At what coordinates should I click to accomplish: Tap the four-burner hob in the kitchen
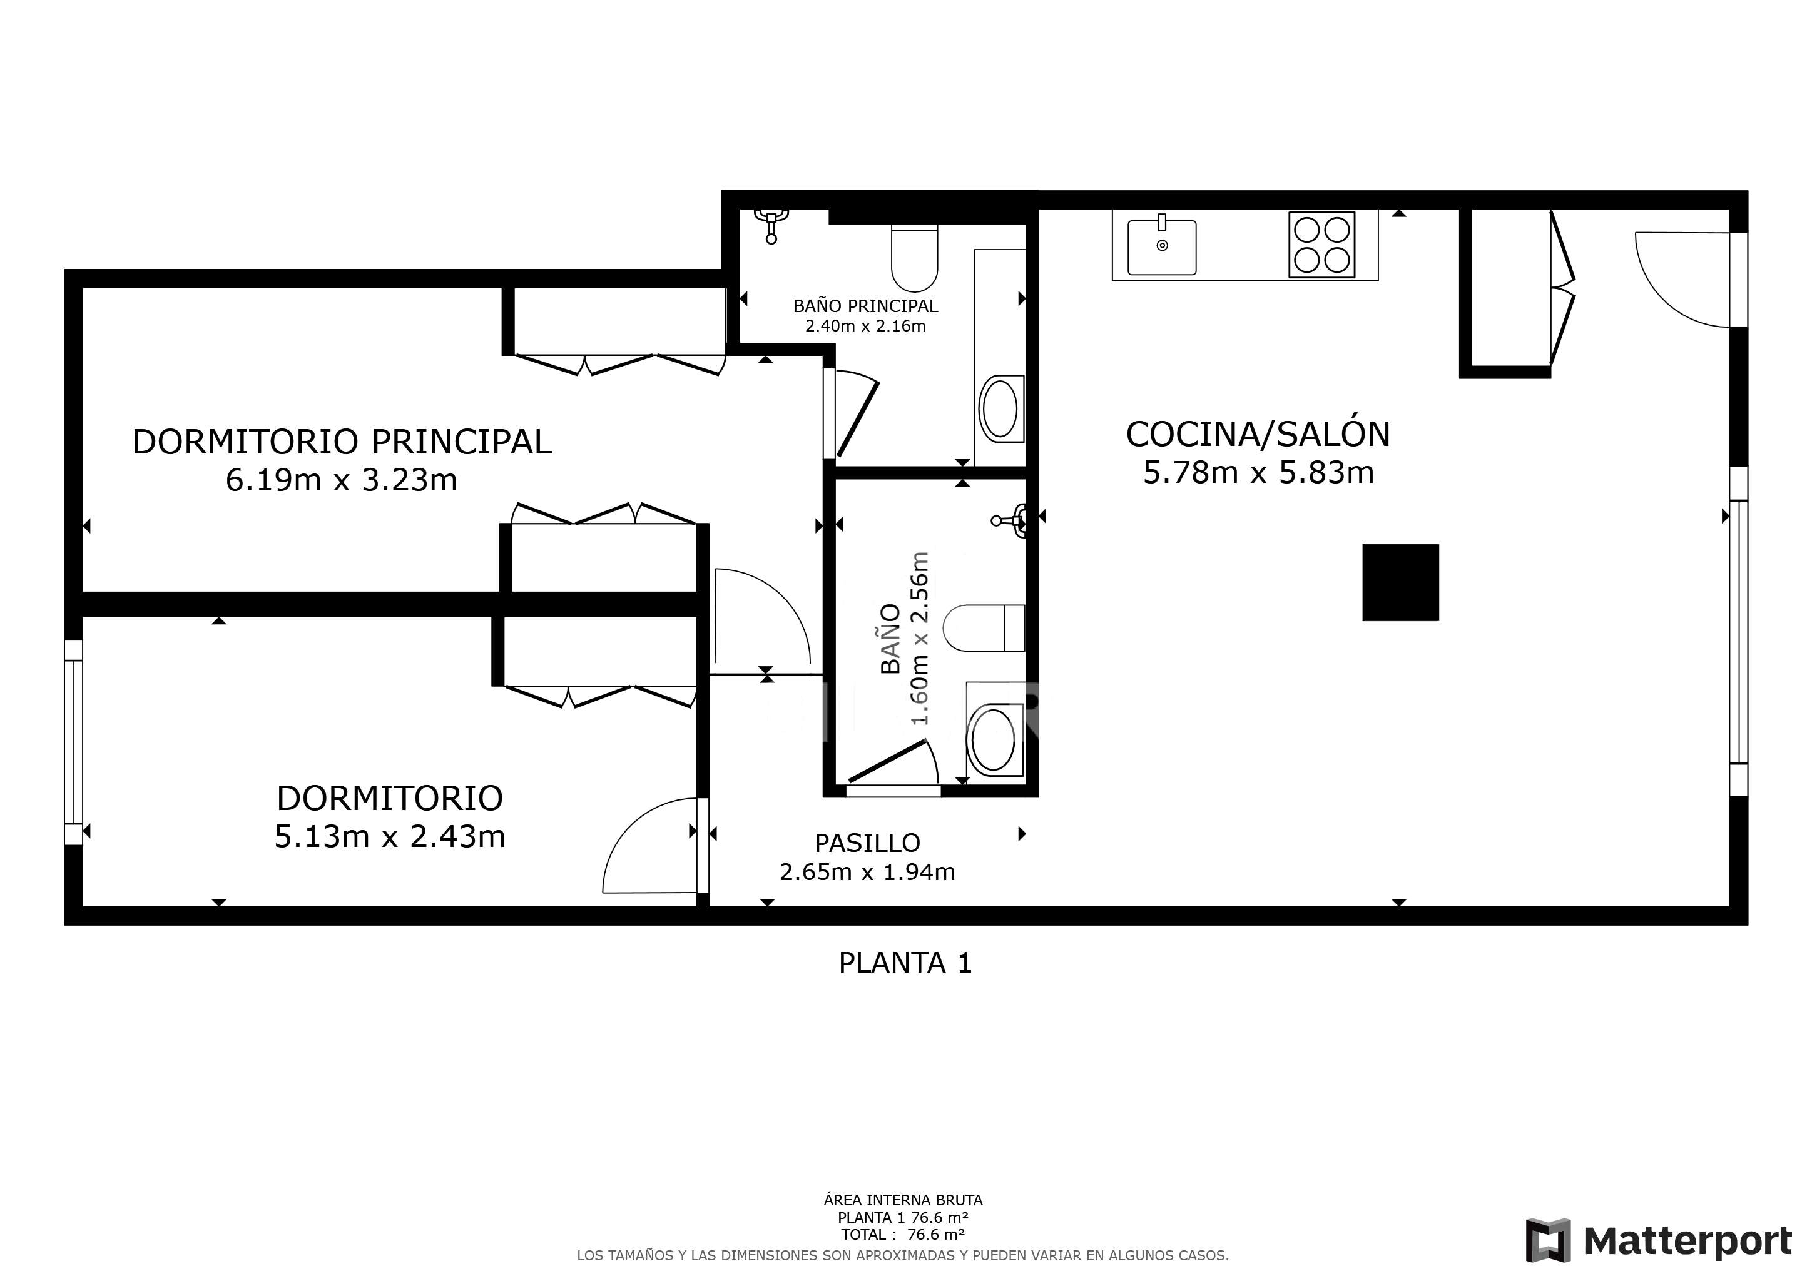pos(1322,245)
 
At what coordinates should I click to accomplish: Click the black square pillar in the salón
pos(1400,582)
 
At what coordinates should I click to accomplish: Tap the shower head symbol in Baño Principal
pos(771,224)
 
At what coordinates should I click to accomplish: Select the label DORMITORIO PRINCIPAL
pos(342,442)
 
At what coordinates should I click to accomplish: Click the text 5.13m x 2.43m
pos(389,837)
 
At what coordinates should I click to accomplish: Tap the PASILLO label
pos(867,843)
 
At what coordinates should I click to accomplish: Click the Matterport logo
pos(1658,1241)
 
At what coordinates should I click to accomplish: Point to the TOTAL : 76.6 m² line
pos(903,1235)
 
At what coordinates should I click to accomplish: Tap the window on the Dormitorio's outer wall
pos(73,741)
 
